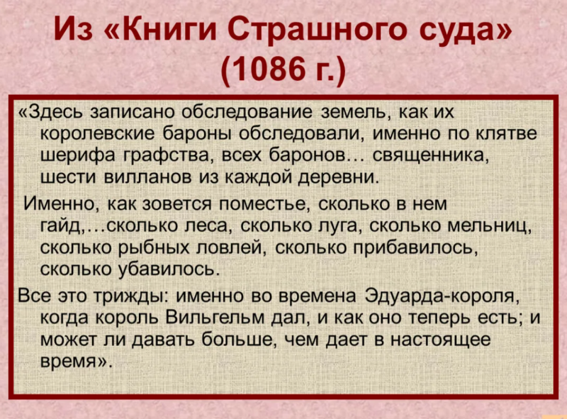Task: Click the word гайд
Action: coord(62,226)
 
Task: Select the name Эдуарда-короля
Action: coord(444,293)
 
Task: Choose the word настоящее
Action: coord(442,340)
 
